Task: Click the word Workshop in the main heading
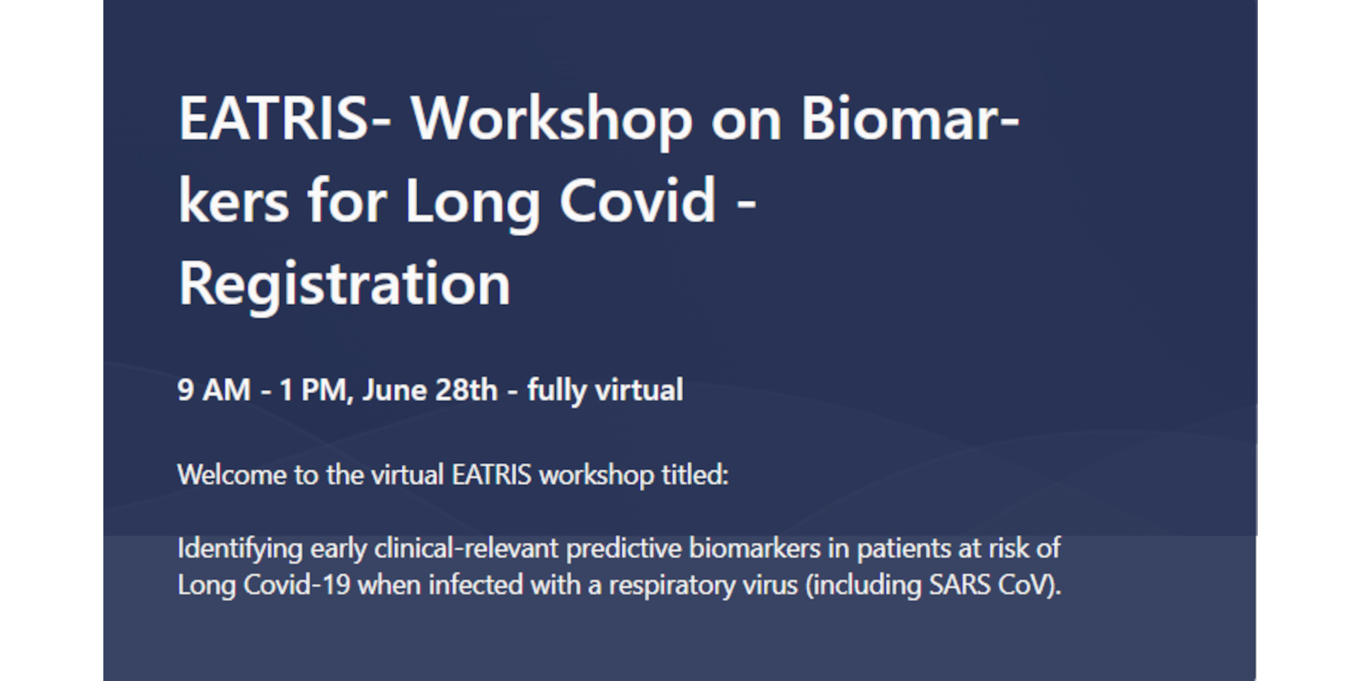pos(551,119)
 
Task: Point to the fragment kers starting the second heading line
pos(234,200)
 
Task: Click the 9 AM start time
pos(214,390)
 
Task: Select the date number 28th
pos(466,390)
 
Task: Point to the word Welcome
pos(231,474)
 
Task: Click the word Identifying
pos(239,549)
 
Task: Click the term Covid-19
pos(297,585)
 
